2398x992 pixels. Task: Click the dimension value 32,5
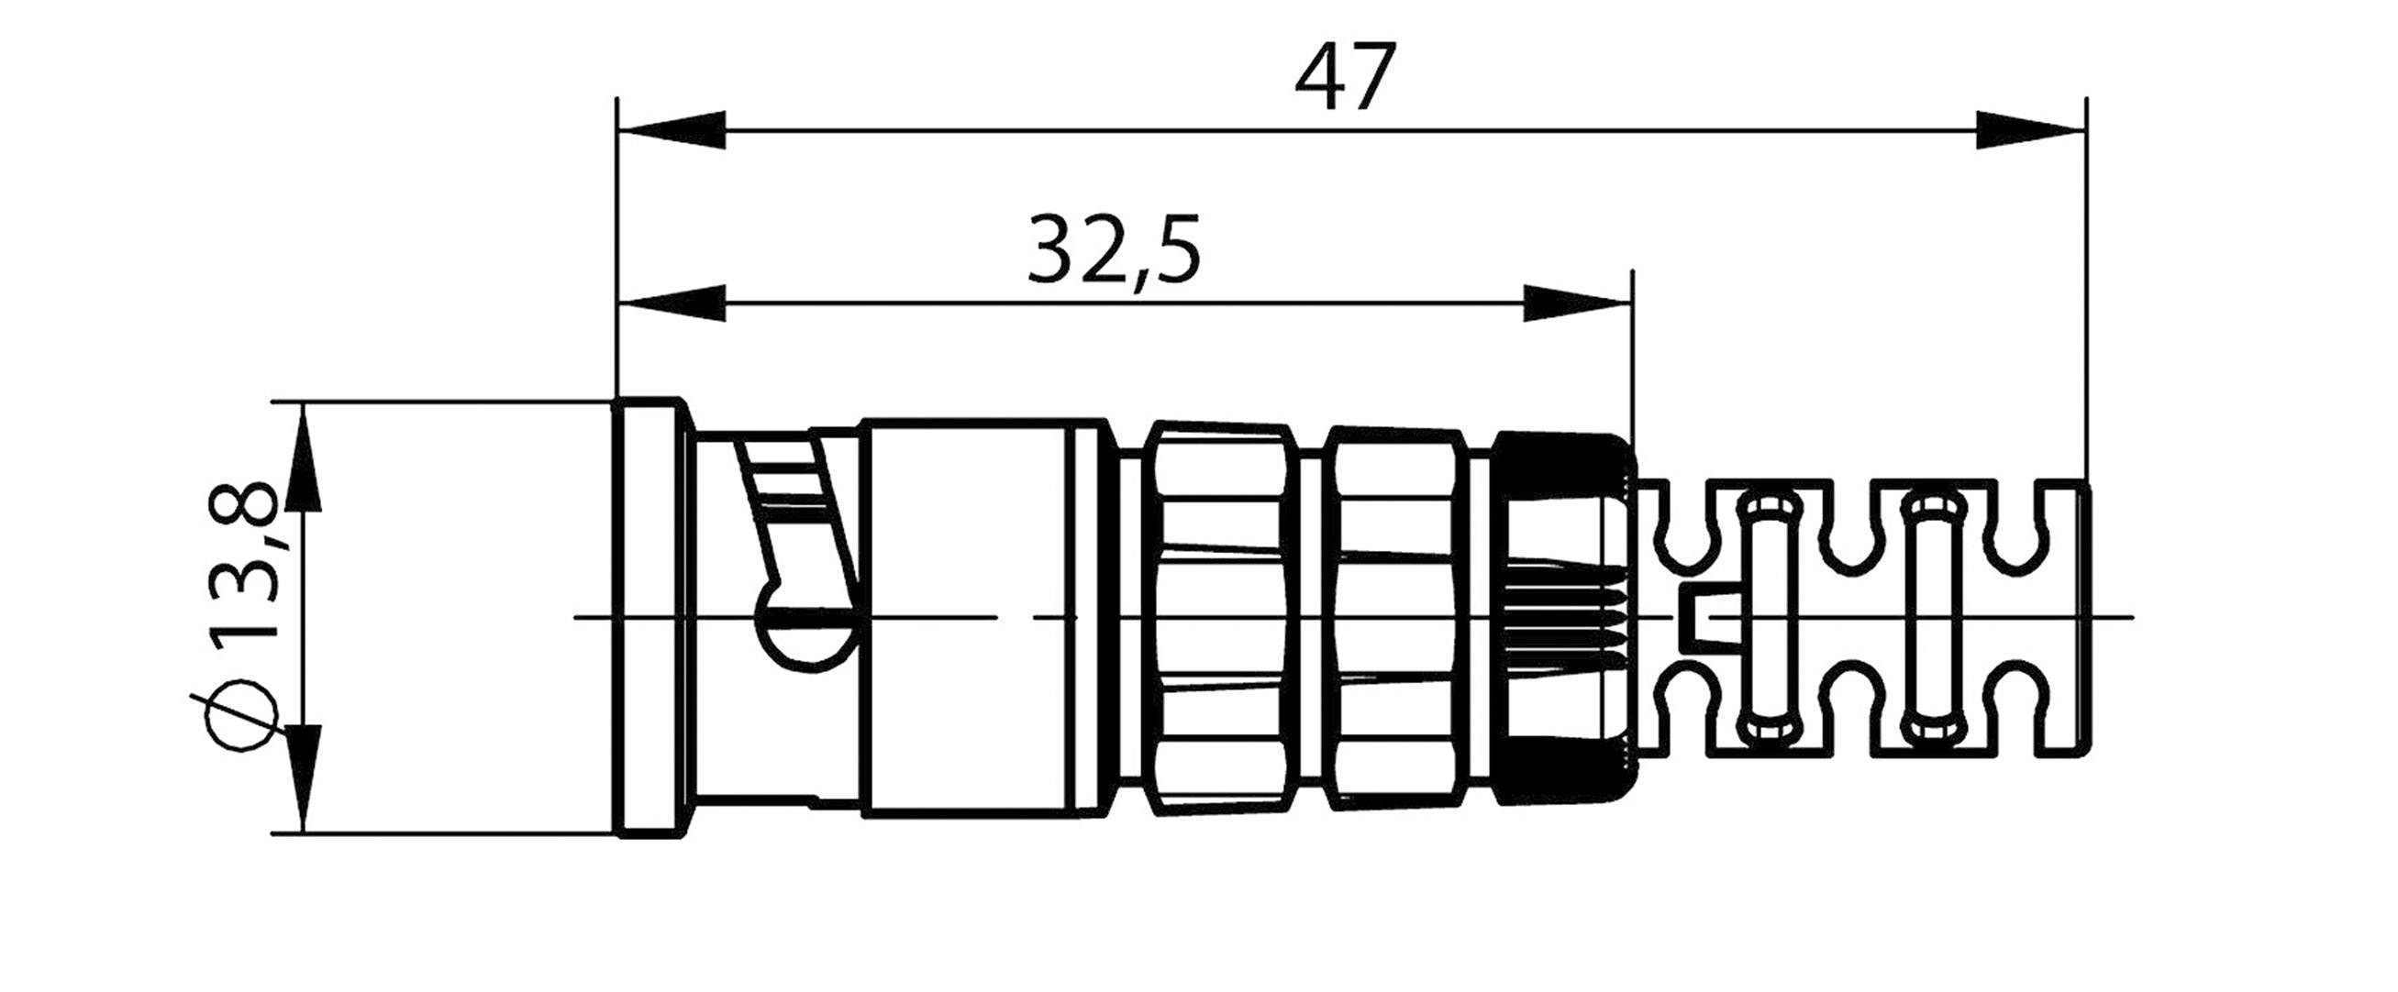click(x=1114, y=249)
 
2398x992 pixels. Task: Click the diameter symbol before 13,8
click(x=244, y=715)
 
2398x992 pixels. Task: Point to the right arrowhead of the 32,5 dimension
click(x=1577, y=303)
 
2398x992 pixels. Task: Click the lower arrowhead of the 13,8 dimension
click(x=304, y=778)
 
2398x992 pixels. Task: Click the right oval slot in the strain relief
click(x=1931, y=616)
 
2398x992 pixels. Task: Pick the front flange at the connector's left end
click(x=651, y=618)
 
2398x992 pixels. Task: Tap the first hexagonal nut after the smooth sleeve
click(x=1219, y=618)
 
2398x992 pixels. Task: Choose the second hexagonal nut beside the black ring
click(x=1394, y=618)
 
